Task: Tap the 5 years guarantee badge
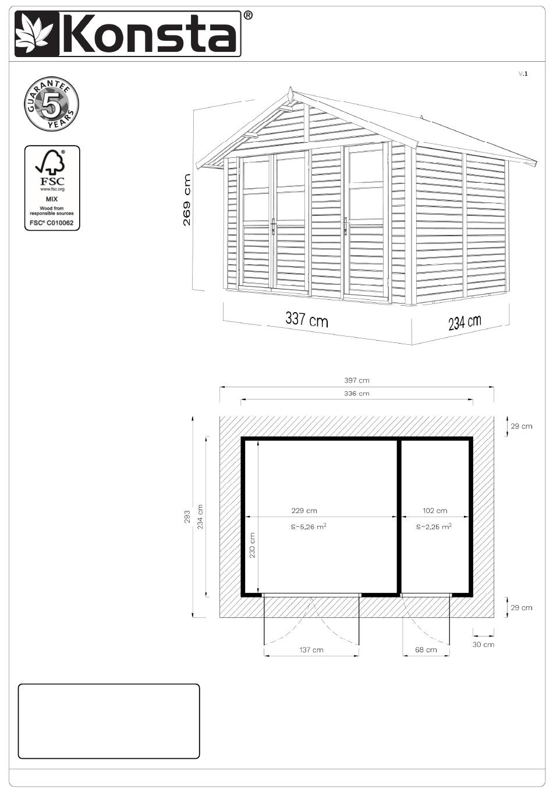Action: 51,104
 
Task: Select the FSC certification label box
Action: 52,188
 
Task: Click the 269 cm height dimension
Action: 187,200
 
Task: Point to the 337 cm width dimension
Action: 307,319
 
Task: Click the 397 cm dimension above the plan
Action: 356,380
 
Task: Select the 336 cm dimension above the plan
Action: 356,394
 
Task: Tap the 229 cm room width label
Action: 304,511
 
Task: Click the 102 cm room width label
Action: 435,511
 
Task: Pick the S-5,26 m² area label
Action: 308,526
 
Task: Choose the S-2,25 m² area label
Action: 434,526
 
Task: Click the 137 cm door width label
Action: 311,650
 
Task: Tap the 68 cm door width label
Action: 426,650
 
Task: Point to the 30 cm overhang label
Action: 483,645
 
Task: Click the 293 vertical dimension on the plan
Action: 187,517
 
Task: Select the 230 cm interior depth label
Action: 252,545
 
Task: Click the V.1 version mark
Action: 523,73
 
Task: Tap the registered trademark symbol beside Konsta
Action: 248,15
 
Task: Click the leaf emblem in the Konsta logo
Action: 37,34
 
